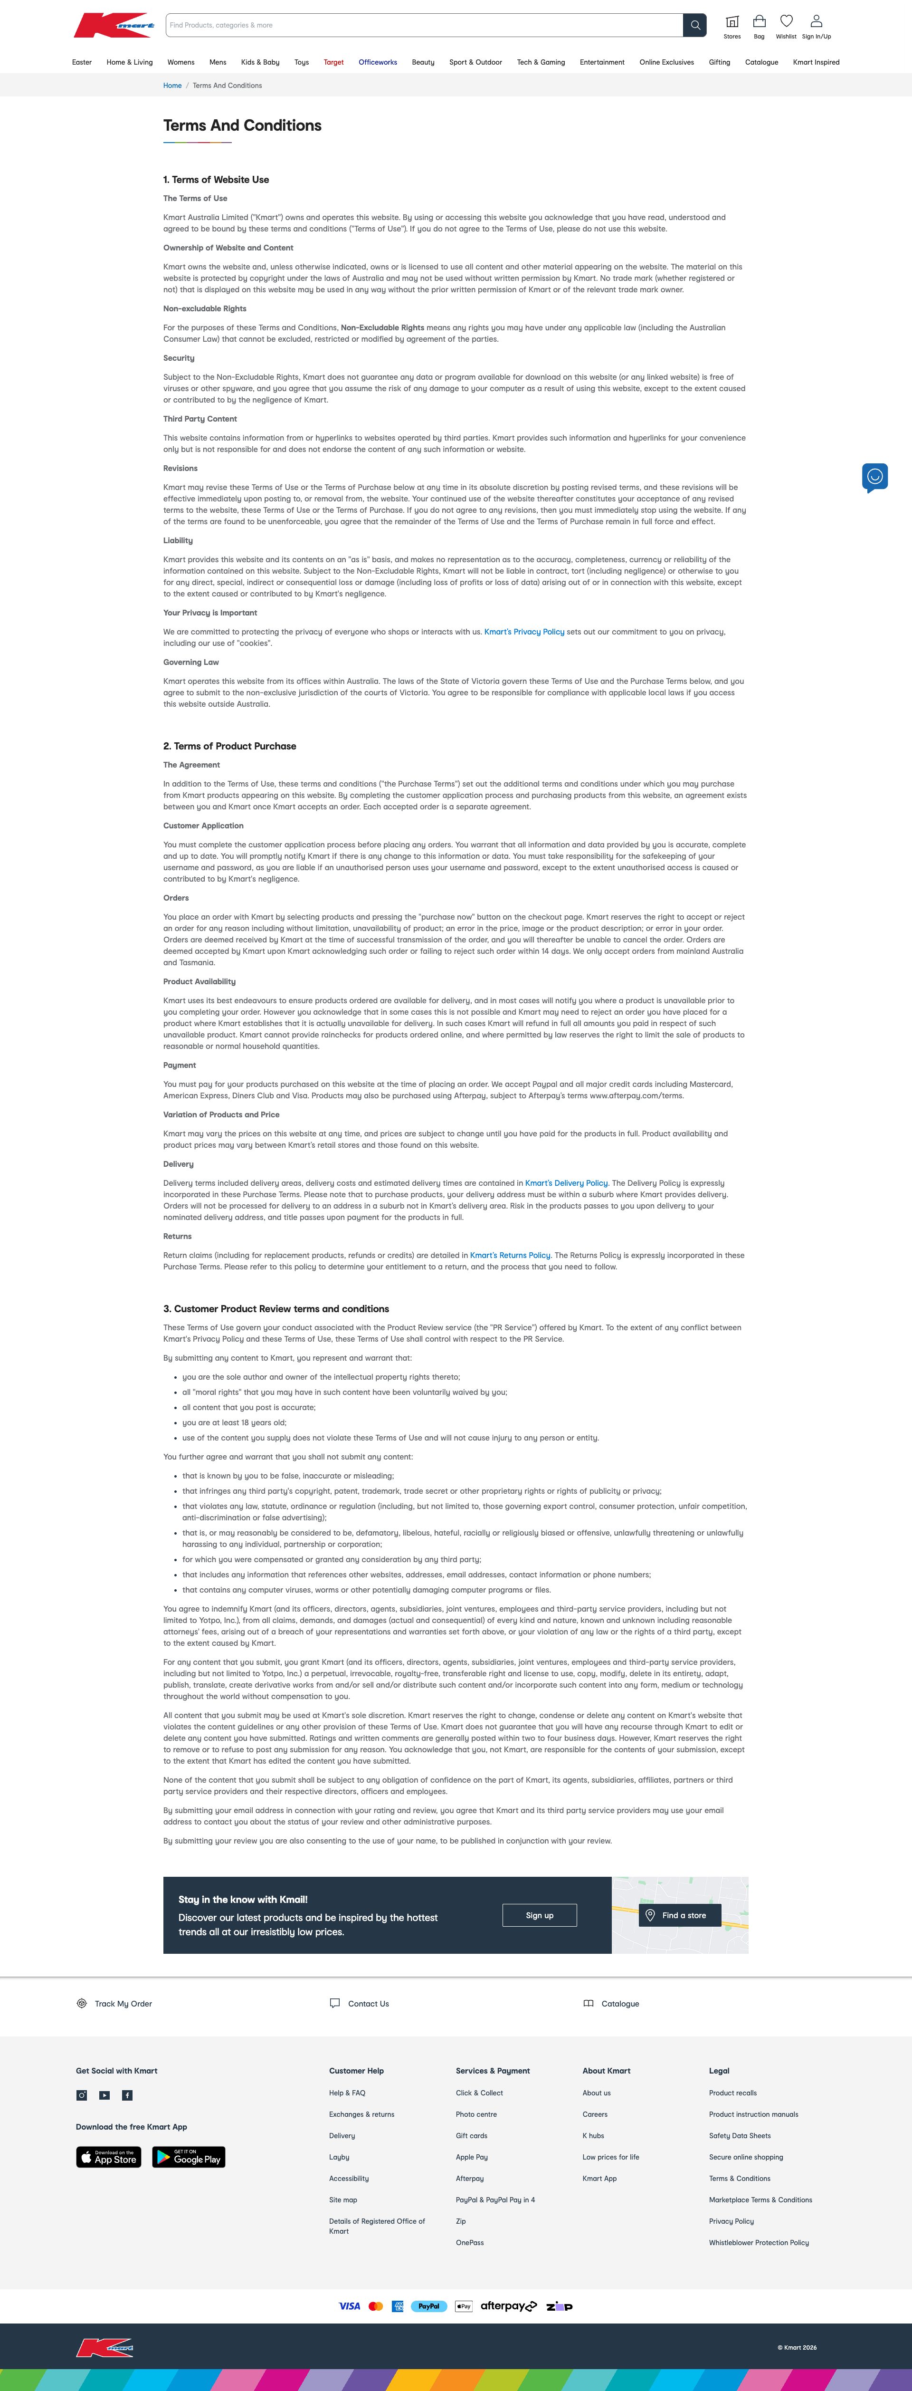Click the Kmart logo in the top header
point(113,25)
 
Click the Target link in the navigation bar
point(333,62)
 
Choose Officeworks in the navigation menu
point(378,62)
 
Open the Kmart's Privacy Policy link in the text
point(524,632)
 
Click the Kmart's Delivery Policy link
point(566,1183)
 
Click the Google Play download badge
point(189,2157)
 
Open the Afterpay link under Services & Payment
point(469,2179)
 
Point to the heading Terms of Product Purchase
point(230,746)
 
